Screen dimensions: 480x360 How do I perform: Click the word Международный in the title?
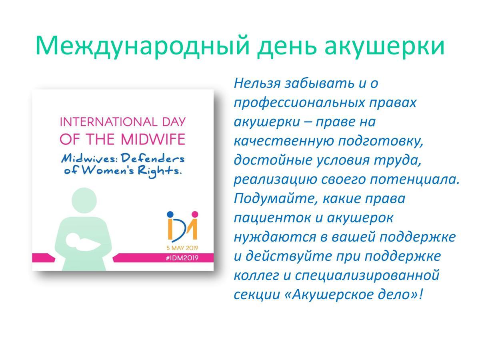[142, 46]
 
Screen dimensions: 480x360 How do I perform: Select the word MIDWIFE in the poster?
[153, 139]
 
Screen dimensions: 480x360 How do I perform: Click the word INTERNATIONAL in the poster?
[108, 122]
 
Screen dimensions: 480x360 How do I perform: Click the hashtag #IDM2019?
[182, 258]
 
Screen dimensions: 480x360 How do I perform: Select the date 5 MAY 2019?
[182, 248]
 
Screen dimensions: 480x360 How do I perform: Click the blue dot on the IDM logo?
[170, 214]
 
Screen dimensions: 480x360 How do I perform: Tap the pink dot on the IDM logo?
[195, 214]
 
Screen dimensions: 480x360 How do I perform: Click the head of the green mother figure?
[84, 200]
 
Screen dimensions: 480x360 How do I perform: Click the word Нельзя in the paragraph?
[257, 83]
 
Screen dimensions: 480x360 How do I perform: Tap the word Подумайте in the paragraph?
[276, 199]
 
